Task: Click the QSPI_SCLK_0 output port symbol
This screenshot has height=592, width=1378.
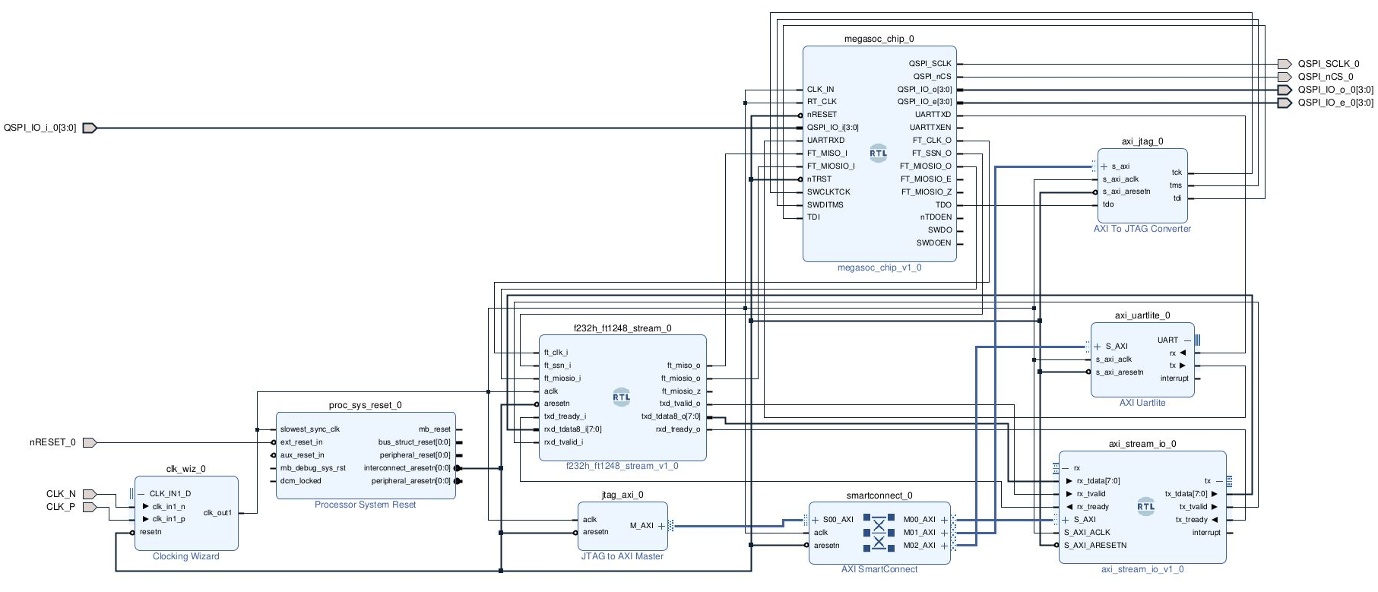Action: [1284, 64]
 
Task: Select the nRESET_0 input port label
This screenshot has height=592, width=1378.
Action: [52, 442]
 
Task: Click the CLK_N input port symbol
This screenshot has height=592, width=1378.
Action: [89, 494]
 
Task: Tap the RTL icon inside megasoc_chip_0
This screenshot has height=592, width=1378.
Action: [878, 153]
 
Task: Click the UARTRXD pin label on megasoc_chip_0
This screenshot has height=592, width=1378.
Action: [825, 140]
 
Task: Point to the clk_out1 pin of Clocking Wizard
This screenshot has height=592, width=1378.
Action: [217, 513]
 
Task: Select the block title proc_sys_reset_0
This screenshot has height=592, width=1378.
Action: [365, 405]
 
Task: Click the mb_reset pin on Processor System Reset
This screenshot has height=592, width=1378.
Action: [435, 429]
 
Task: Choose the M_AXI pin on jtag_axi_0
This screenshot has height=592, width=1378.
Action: [641, 525]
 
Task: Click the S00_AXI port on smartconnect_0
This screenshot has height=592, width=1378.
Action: [838, 520]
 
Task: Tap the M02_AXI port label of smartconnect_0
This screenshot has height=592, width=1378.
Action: [919, 546]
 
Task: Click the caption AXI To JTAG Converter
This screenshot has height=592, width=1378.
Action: [1142, 229]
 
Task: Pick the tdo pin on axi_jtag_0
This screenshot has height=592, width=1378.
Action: [1108, 204]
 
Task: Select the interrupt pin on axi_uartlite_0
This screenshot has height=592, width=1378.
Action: [1174, 378]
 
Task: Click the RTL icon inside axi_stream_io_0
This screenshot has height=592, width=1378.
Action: [1145, 507]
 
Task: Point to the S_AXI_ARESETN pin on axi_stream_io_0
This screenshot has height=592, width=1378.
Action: [1094, 546]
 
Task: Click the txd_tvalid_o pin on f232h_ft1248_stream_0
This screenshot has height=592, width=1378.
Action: [679, 404]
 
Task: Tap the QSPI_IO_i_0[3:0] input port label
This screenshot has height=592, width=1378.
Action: [40, 128]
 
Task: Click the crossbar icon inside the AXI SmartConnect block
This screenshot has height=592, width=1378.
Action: [879, 533]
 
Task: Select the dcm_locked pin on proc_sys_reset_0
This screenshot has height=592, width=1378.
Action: [300, 481]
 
